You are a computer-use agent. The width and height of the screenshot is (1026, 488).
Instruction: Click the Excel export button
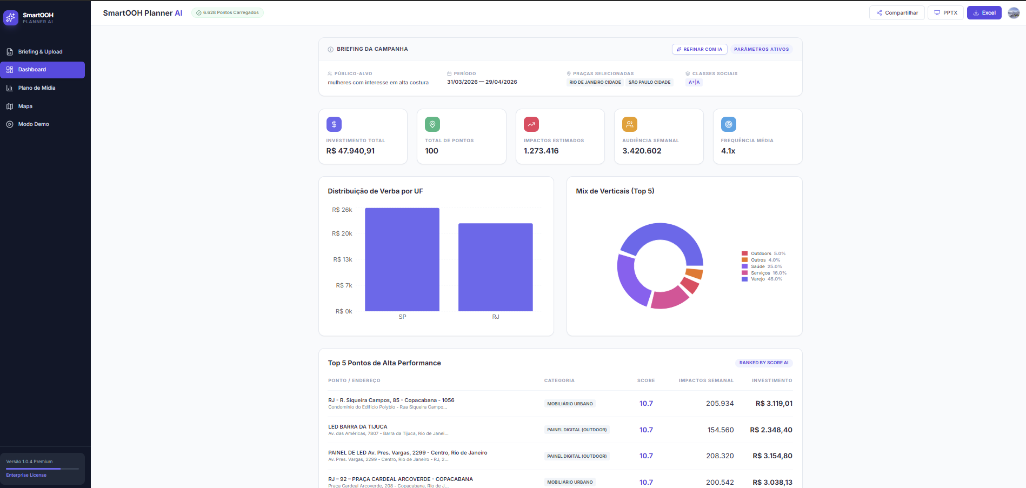(x=984, y=13)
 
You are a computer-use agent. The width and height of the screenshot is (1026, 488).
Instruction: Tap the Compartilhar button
(x=897, y=13)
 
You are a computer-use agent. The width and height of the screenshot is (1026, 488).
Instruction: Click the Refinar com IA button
(x=699, y=49)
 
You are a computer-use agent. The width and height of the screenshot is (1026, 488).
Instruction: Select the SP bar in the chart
(x=402, y=259)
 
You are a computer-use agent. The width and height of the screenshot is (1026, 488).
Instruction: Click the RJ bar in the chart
(x=496, y=268)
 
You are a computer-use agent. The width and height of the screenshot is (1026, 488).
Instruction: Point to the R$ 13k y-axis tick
(x=343, y=259)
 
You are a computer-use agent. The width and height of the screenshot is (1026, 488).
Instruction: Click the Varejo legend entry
(x=762, y=279)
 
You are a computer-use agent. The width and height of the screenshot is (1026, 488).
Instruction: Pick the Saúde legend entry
(x=762, y=266)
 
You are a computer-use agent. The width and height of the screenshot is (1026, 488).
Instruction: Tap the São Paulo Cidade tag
(x=649, y=83)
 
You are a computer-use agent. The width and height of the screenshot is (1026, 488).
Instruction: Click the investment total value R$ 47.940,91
(x=350, y=151)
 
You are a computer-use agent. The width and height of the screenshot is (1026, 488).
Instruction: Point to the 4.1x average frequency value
(x=728, y=151)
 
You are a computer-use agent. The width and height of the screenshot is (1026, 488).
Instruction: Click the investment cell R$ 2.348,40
(x=771, y=430)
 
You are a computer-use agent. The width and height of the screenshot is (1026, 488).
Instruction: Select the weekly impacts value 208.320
(x=720, y=456)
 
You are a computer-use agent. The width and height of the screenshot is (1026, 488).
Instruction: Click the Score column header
(x=646, y=380)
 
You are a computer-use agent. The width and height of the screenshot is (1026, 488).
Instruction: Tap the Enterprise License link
(x=26, y=475)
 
